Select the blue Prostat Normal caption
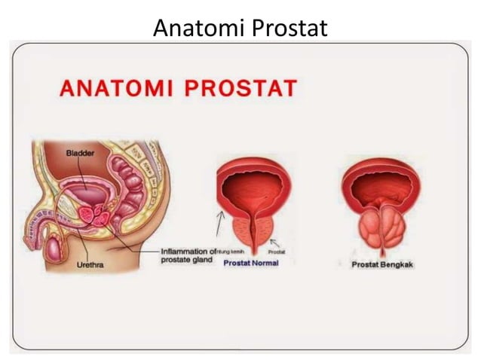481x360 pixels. tap(250, 264)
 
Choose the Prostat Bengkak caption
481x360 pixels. tap(382, 265)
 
